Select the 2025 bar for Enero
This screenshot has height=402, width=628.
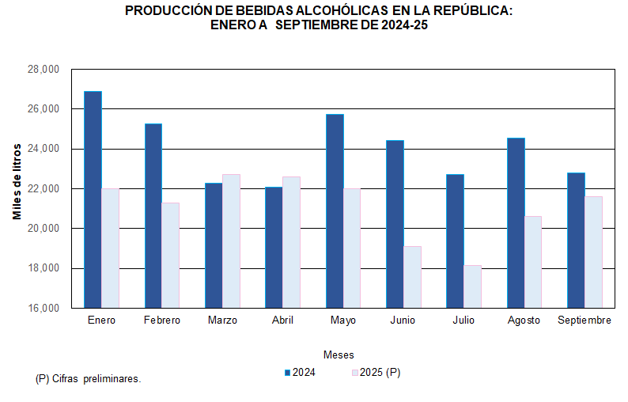pos(110,248)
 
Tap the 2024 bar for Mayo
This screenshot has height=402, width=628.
pos(335,210)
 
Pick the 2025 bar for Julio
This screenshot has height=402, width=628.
pos(472,286)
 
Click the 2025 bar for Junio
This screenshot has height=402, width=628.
pos(412,277)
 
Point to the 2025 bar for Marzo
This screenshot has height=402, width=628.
pos(231,241)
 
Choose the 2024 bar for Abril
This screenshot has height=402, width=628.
pos(274,247)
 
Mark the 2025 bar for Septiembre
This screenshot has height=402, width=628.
pos(593,252)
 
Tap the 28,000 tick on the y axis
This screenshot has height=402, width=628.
pos(44,70)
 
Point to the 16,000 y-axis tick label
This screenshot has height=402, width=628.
pos(44,308)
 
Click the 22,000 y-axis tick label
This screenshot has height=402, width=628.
pos(44,189)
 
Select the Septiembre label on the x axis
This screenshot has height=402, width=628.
pos(584,320)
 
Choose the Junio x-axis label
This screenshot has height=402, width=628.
pos(403,320)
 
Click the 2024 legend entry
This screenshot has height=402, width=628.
pos(300,372)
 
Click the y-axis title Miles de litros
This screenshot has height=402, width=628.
pos(17,182)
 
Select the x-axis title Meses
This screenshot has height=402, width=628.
pos(339,355)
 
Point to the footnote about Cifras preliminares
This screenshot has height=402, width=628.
pos(89,379)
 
